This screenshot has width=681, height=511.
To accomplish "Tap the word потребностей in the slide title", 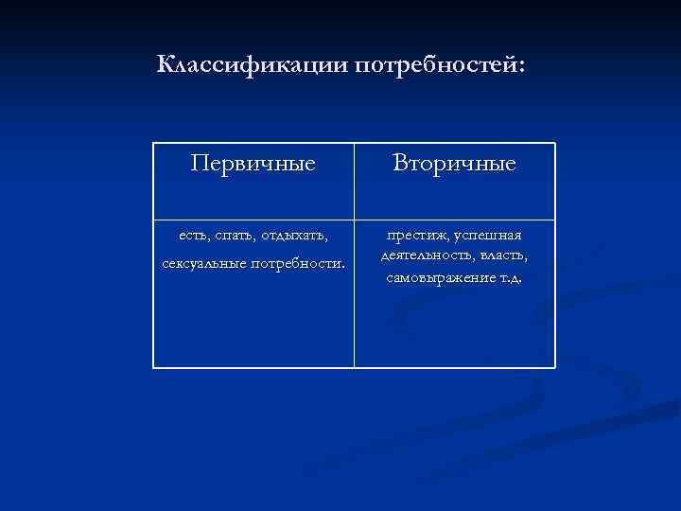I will [434, 65].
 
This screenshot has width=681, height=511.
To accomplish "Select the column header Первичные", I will [253, 164].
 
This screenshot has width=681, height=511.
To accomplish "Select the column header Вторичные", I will [455, 164].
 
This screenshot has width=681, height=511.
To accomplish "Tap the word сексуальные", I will [201, 261].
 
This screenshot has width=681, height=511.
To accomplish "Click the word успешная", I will [488, 235].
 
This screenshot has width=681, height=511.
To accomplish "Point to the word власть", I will [505, 256].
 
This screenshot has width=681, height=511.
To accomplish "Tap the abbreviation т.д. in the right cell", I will [509, 278].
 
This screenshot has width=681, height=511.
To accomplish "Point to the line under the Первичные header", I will [253, 220].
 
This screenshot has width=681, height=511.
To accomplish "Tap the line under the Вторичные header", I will [455, 220].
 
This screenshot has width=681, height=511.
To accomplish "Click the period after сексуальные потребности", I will [342, 264].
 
